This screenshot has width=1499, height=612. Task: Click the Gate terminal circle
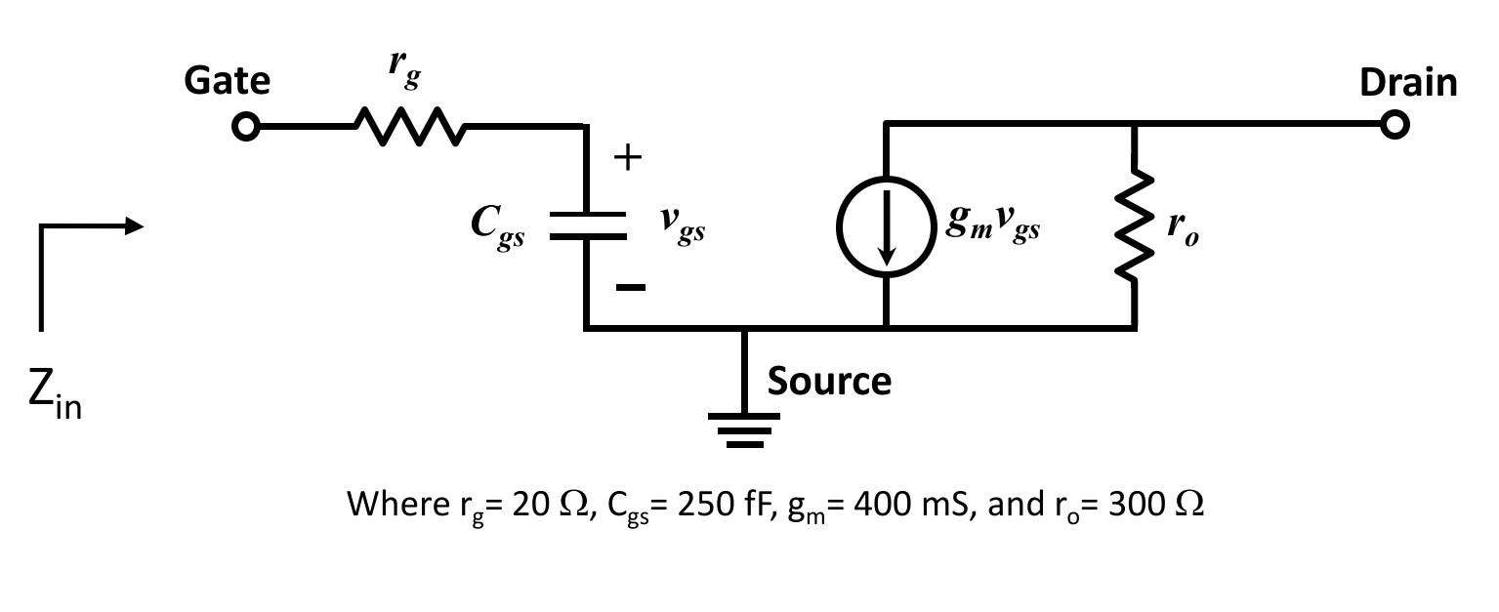(246, 127)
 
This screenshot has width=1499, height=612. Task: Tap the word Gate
(227, 80)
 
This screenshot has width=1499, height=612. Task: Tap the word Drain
(1407, 83)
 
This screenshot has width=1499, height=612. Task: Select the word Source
(828, 381)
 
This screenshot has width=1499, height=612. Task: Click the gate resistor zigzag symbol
(409, 127)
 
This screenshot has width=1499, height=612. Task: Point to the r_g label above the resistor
(404, 66)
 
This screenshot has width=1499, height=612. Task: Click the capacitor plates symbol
(586, 225)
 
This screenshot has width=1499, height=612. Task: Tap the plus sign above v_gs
(628, 157)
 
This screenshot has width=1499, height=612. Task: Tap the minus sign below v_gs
(631, 287)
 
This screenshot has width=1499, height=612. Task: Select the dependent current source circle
(886, 226)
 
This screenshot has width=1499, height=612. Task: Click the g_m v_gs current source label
(992, 224)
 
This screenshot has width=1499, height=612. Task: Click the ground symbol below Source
(744, 429)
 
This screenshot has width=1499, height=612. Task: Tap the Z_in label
(55, 392)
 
